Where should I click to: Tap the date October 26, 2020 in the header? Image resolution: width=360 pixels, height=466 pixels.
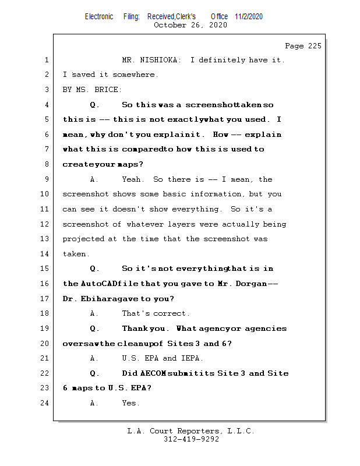tap(190, 25)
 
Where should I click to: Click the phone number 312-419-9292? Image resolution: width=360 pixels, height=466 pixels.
tap(191, 439)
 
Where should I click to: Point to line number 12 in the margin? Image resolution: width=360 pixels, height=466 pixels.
tap(45, 224)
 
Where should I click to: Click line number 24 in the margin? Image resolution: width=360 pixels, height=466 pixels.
tap(45, 403)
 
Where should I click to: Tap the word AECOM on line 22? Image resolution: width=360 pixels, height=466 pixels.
tap(154, 373)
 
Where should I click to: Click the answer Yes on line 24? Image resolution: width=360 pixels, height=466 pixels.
tap(130, 403)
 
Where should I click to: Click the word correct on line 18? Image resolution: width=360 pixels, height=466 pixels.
tap(174, 313)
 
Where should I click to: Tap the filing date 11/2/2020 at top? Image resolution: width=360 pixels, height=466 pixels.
tap(249, 16)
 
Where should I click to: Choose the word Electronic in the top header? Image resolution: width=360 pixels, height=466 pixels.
tap(99, 16)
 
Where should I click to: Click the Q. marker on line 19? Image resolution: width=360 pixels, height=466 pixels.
tap(94, 329)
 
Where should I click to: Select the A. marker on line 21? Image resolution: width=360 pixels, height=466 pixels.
tap(94, 358)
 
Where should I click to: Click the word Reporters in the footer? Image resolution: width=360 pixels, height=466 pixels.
tap(196, 431)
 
